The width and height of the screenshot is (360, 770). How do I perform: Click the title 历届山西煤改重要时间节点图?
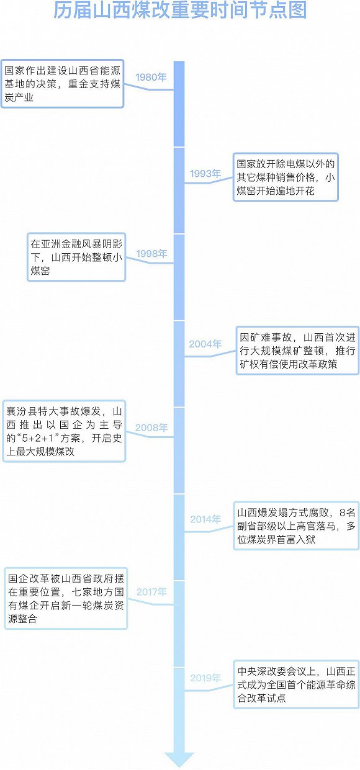click(x=180, y=10)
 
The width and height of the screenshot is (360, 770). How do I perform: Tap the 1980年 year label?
click(x=151, y=77)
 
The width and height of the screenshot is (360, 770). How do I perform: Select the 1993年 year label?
click(x=205, y=174)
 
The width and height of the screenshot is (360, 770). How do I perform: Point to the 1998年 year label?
click(x=151, y=254)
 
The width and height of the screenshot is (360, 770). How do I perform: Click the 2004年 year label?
click(x=205, y=344)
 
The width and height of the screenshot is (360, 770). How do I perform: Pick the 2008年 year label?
click(x=151, y=428)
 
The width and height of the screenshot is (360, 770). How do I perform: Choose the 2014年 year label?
click(x=205, y=519)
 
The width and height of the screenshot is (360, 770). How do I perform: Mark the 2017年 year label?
click(x=151, y=591)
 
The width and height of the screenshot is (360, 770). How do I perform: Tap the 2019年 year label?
click(x=205, y=678)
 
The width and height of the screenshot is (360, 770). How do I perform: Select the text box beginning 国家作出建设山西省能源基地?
click(x=62, y=84)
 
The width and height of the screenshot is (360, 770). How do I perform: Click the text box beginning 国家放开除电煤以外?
click(x=286, y=177)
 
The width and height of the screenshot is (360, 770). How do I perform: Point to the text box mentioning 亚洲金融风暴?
click(x=76, y=257)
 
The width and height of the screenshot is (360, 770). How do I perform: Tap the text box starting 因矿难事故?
click(x=297, y=351)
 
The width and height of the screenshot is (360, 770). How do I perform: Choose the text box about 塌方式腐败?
click(x=297, y=526)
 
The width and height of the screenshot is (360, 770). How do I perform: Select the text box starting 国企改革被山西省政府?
click(x=66, y=599)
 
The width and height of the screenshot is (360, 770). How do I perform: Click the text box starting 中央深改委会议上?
click(x=297, y=684)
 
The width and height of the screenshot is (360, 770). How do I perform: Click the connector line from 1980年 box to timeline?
click(x=148, y=88)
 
